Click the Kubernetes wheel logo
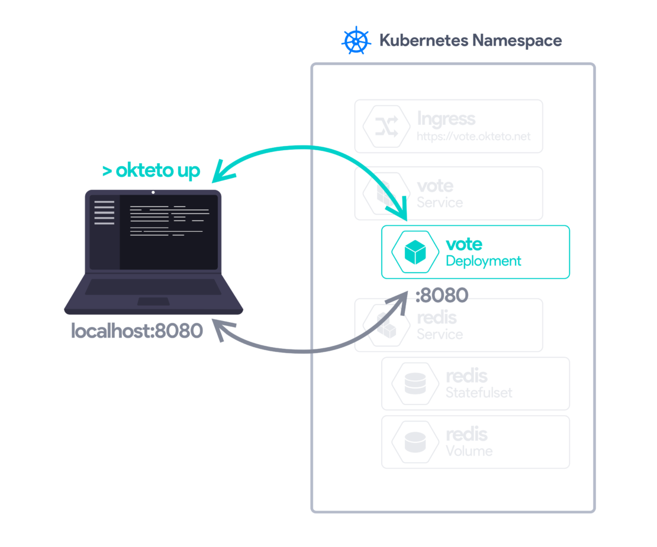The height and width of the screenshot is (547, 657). pos(356,41)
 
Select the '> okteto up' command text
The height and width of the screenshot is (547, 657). pos(151,171)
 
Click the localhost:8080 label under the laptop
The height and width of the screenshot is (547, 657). pos(137,331)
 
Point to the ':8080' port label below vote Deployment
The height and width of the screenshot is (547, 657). pos(442,294)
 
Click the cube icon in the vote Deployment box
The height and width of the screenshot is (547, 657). pos(415,252)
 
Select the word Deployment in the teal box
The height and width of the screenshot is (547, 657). pos(483,261)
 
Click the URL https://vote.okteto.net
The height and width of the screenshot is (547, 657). pos(474,137)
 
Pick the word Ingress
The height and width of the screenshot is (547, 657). pos(446,118)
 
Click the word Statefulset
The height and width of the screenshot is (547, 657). pos(479,392)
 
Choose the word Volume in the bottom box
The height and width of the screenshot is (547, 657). pos(469,451)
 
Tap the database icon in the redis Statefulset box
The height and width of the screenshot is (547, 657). pos(415,384)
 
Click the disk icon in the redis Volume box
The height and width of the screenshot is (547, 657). pos(415,442)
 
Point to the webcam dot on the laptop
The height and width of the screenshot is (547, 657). pos(153,192)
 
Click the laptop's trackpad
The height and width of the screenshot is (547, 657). pos(153,302)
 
